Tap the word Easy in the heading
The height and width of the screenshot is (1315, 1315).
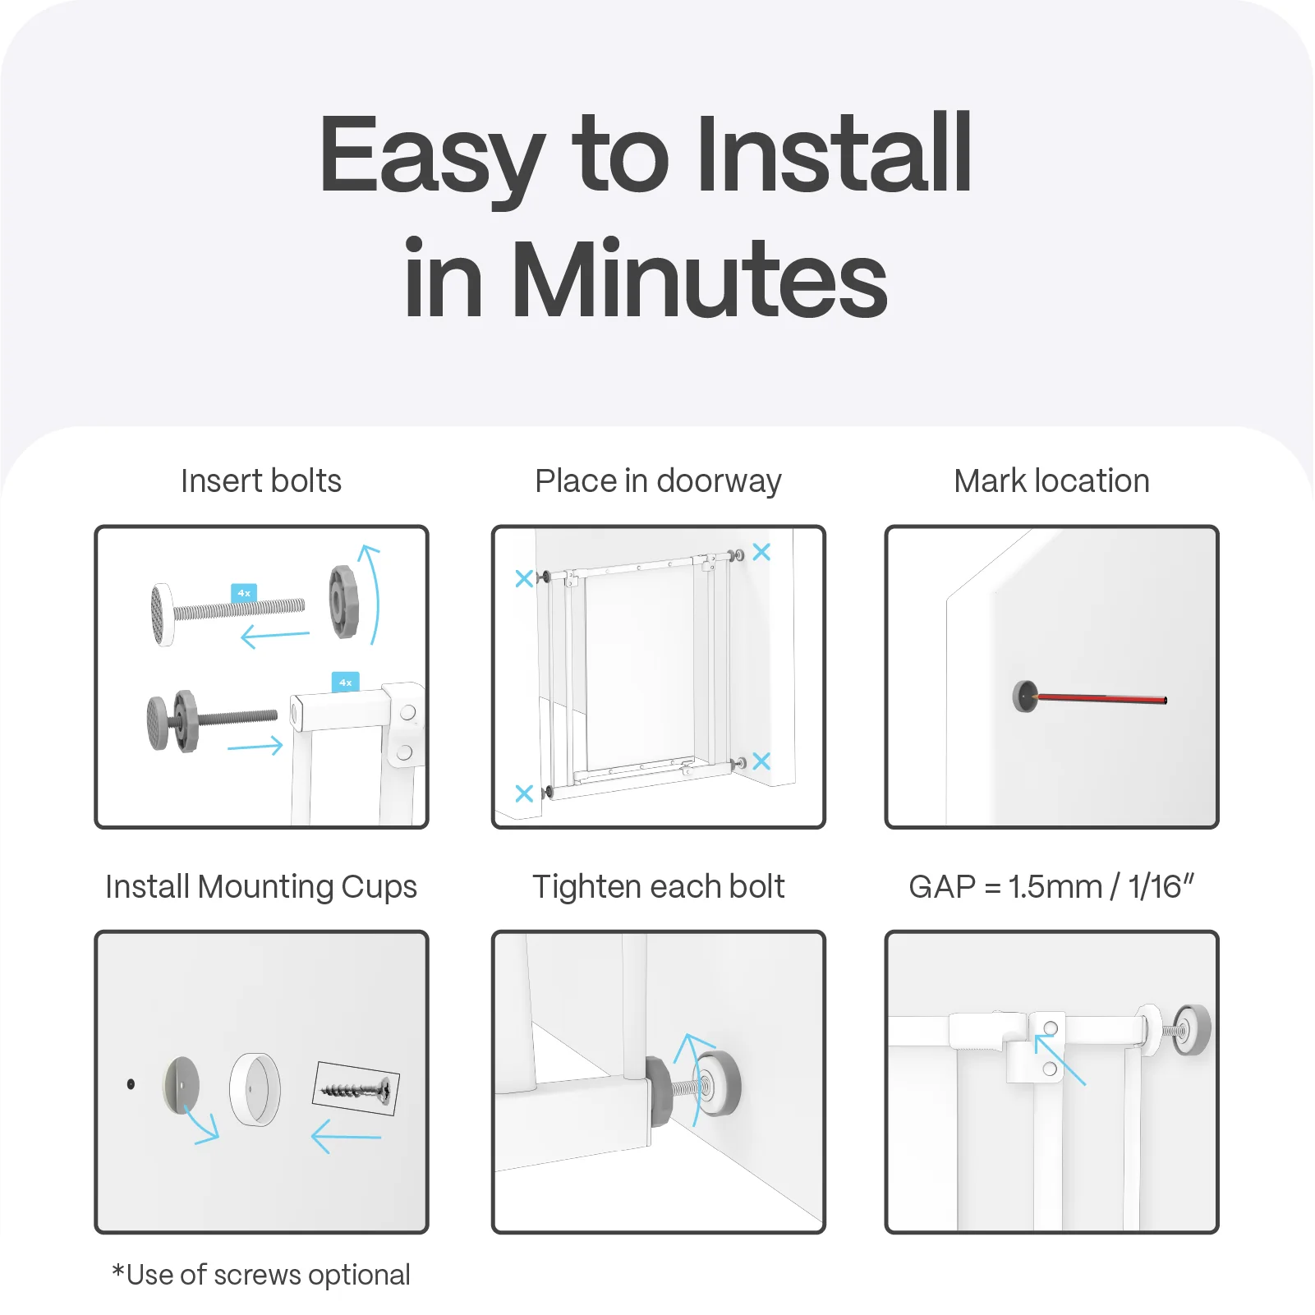(432, 156)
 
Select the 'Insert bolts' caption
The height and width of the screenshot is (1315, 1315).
(260, 480)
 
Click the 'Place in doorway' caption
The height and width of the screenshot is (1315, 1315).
(658, 480)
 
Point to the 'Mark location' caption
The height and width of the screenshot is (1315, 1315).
(1051, 480)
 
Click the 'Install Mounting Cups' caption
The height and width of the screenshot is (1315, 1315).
(260, 887)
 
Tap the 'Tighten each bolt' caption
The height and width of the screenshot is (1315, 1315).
(658, 887)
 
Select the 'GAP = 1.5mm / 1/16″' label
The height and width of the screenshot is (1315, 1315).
(1051, 887)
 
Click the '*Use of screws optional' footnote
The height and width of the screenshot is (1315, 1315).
(260, 1275)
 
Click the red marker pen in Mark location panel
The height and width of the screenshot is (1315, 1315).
(1101, 698)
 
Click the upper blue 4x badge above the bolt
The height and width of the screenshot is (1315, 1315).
(244, 592)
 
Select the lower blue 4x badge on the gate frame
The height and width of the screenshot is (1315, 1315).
(345, 682)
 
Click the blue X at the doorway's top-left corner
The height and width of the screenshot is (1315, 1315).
(524, 578)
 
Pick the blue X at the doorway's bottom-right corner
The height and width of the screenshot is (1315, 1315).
(761, 761)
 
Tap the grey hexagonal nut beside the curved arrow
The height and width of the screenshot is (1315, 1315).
(343, 601)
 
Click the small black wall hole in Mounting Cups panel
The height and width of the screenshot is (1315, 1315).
(131, 1084)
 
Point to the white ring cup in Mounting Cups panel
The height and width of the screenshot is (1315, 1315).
(255, 1089)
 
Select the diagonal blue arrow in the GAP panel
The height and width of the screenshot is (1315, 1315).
(1060, 1060)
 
